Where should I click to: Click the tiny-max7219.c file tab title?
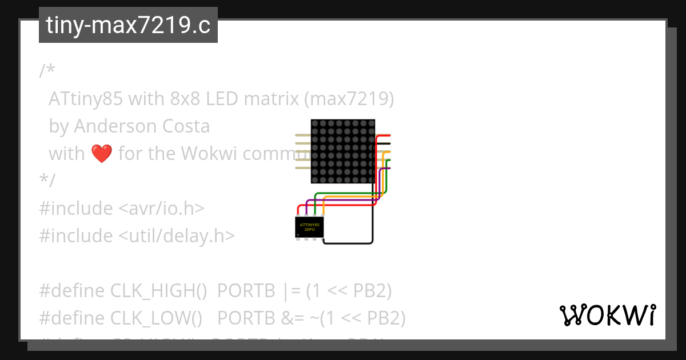pyautogui.click(x=128, y=25)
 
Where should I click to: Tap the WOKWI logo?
pyautogui.click(x=607, y=315)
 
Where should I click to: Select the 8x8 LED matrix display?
pyautogui.click(x=342, y=151)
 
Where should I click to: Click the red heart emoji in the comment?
pyautogui.click(x=102, y=154)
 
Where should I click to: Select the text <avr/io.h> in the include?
pyautogui.click(x=161, y=209)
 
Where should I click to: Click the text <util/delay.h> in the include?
pyautogui.click(x=177, y=236)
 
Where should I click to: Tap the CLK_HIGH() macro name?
pyautogui.click(x=158, y=291)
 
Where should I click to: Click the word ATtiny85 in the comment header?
pyautogui.click(x=86, y=99)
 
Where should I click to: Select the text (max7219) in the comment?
pyautogui.click(x=349, y=99)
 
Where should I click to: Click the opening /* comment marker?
pyautogui.click(x=47, y=71)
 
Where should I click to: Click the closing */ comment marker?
pyautogui.click(x=47, y=181)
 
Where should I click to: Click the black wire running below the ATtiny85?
pyautogui.click(x=349, y=243)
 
